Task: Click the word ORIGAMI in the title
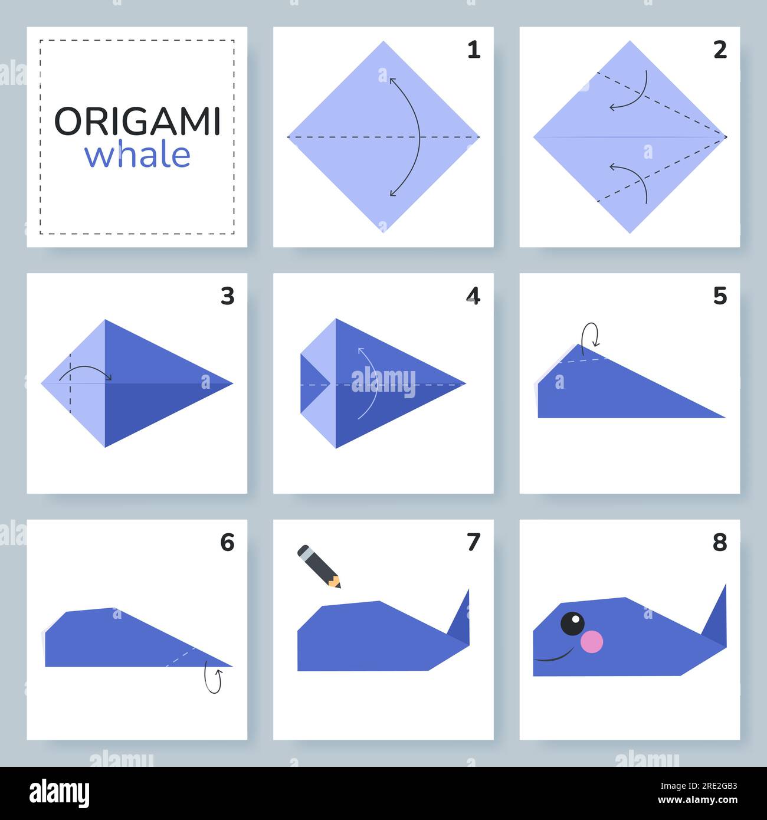pyautogui.click(x=137, y=122)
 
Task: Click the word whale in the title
pyautogui.click(x=137, y=155)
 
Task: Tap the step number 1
pyautogui.click(x=473, y=50)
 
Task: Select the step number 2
pyautogui.click(x=720, y=50)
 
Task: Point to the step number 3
pyautogui.click(x=227, y=296)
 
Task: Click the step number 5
pyautogui.click(x=720, y=296)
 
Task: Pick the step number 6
pyautogui.click(x=227, y=542)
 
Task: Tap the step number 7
pyautogui.click(x=473, y=542)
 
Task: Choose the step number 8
pyautogui.click(x=720, y=542)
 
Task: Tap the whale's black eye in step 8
pyautogui.click(x=572, y=624)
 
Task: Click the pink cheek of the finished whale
pyautogui.click(x=592, y=642)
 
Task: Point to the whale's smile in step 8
pyautogui.click(x=555, y=656)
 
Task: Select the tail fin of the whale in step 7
pyautogui.click(x=460, y=619)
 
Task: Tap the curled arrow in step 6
pyautogui.click(x=213, y=679)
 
